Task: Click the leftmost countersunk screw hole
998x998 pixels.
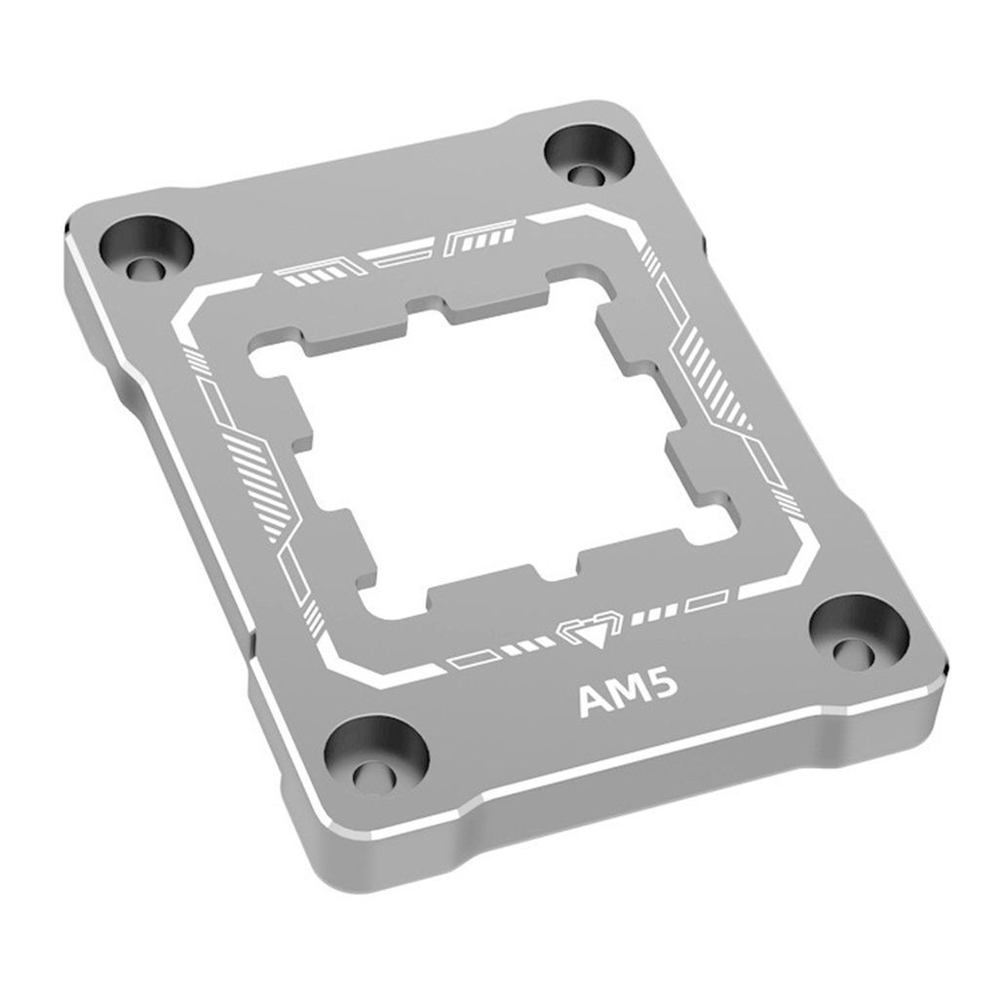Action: pos(147,249)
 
